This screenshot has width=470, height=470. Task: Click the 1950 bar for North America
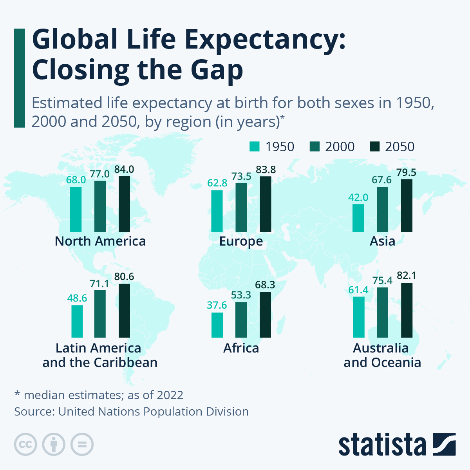pyautogui.click(x=76, y=209)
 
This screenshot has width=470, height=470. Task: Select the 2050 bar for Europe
pyautogui.click(x=265, y=204)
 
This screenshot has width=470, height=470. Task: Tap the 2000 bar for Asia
pyautogui.click(x=382, y=210)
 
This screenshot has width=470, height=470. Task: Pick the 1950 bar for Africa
pyautogui.click(x=217, y=325)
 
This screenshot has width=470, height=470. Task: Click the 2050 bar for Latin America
pyautogui.click(x=124, y=311)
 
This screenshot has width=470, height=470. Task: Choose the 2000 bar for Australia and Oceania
pyautogui.click(x=382, y=312)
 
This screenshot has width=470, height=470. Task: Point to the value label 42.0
pyautogui.click(x=358, y=197)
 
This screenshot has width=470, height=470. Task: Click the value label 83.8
pyautogui.click(x=266, y=170)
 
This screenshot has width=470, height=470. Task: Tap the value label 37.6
pyautogui.click(x=217, y=305)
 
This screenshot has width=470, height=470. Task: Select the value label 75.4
pyautogui.click(x=382, y=280)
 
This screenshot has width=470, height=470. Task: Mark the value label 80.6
pyautogui.click(x=124, y=277)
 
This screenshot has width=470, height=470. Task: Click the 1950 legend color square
pyautogui.click(x=255, y=146)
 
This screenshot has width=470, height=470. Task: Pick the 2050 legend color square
pyautogui.click(x=375, y=146)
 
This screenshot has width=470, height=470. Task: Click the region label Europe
pyautogui.click(x=241, y=241)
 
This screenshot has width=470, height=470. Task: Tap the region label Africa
pyautogui.click(x=241, y=348)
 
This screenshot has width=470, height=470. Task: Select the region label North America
pyautogui.click(x=100, y=241)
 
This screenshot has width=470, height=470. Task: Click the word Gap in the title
pyautogui.click(x=217, y=70)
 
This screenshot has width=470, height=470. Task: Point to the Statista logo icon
pyautogui.click(x=444, y=444)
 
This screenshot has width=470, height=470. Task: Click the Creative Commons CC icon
pyautogui.click(x=25, y=445)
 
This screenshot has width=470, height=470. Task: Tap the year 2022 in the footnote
pyautogui.click(x=170, y=395)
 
